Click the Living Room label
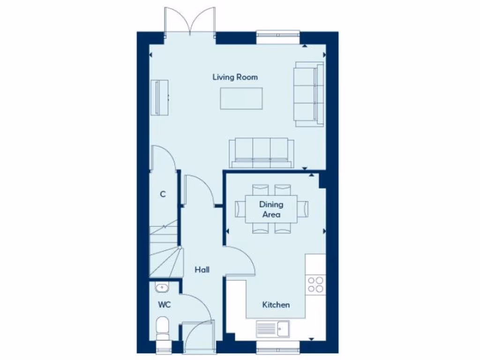click(x=235, y=77)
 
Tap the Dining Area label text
click(x=271, y=210)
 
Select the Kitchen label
click(x=276, y=305)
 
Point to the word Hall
click(x=202, y=270)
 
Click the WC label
click(x=164, y=305)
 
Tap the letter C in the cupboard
click(x=163, y=194)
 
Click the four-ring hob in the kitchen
click(x=315, y=284)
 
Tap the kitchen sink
click(x=274, y=328)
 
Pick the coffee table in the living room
click(x=241, y=98)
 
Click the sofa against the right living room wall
click(x=309, y=94)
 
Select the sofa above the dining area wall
click(x=261, y=153)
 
